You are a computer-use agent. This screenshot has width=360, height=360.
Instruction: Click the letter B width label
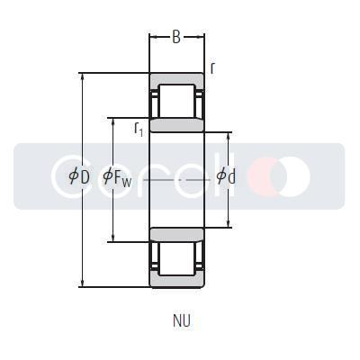176,37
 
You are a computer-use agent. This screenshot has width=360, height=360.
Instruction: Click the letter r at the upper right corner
212,67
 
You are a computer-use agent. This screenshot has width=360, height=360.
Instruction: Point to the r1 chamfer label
139,129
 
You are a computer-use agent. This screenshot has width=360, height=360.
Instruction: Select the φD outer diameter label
79,176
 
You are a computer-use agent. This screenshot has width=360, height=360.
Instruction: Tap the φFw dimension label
118,177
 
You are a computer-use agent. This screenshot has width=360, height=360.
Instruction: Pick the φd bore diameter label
226,176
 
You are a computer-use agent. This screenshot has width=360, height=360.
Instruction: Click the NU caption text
182,319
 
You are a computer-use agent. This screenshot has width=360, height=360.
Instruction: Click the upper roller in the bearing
176,101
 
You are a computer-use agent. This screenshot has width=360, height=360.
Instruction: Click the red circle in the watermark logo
265,175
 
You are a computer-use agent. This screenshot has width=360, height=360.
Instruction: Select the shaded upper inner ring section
176,124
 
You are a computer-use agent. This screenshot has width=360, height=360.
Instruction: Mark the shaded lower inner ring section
176,234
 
